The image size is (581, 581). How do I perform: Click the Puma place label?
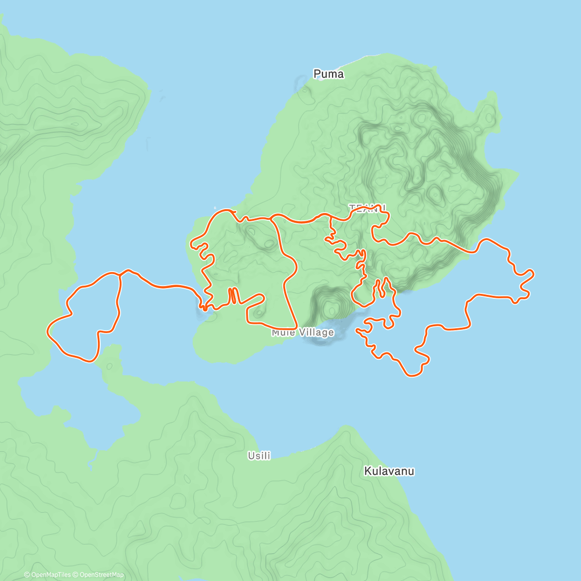(x=328, y=74)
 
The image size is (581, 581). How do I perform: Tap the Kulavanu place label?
(x=389, y=471)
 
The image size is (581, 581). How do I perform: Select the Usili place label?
(x=259, y=456)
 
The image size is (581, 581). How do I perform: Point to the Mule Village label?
(x=303, y=333)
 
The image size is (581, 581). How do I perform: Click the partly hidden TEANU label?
(x=367, y=208)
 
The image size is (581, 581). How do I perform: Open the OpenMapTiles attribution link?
(x=51, y=575)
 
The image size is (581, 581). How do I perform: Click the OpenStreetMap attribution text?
(x=102, y=575)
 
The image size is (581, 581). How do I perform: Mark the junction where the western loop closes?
(x=119, y=274)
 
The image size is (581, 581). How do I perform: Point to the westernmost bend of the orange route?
(x=47, y=331)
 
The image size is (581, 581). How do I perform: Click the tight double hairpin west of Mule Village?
(x=233, y=295)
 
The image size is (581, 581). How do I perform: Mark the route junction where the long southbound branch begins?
(x=272, y=219)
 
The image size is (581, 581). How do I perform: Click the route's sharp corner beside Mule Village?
(x=296, y=328)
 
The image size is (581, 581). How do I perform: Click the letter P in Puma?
(x=318, y=74)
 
